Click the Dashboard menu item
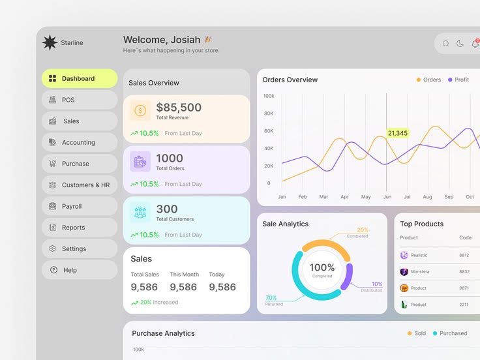pos(79,79)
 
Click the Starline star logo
pos(50,43)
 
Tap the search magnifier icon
pos(446,44)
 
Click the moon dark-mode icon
pos(460,44)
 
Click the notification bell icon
pos(475,44)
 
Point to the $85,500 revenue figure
pos(179,108)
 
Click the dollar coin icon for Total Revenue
pos(140,111)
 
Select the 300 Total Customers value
pos(167,209)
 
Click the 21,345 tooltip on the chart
pos(397,133)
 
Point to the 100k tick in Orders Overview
pos(269,96)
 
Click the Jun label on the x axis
pos(387,196)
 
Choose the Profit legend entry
pos(458,80)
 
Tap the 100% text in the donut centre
pos(322,267)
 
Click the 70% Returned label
pos(271,298)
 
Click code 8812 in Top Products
pos(464,255)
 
